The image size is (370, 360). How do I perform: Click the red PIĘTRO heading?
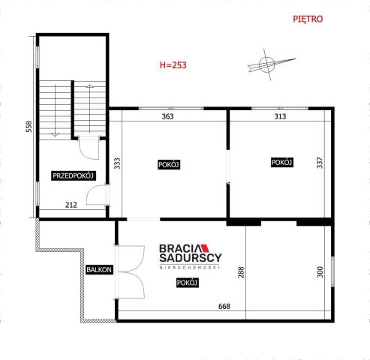308,19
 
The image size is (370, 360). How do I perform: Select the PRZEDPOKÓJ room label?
72,175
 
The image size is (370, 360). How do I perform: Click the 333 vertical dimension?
118,164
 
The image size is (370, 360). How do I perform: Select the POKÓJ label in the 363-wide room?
168,165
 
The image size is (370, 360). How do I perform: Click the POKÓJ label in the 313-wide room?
281,162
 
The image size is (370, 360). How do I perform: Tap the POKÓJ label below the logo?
187,282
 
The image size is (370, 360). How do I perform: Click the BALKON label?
98,270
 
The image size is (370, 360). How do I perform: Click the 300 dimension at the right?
320,274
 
